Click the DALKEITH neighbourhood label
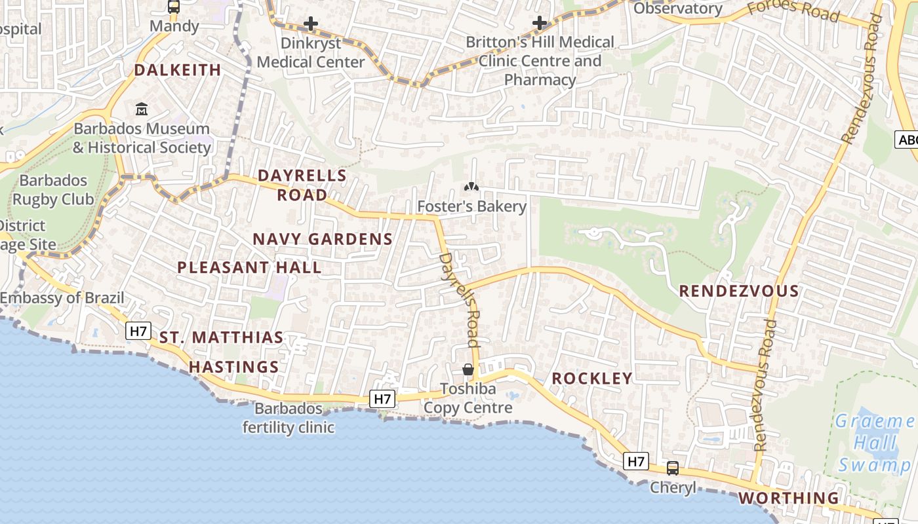(178, 70)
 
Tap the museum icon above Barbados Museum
(142, 109)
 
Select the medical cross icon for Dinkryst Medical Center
(311, 24)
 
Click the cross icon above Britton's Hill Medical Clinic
(540, 23)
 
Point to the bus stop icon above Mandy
(174, 7)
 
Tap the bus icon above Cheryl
(673, 468)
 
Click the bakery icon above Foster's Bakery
(471, 187)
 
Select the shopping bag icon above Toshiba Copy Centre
(468, 370)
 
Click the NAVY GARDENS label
(323, 239)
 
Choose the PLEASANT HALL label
(249, 267)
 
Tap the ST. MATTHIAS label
(222, 338)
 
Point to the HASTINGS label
(234, 367)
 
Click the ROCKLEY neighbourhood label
(592, 378)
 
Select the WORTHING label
(789, 498)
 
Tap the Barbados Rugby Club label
(54, 190)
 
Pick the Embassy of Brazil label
(62, 298)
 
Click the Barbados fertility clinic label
(289, 418)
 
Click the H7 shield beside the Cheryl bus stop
(636, 461)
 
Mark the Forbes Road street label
(793, 9)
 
